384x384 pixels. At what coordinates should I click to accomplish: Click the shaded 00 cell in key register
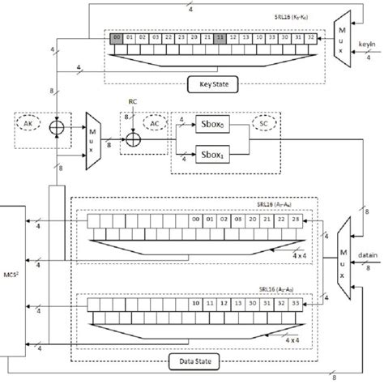coord(119,37)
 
